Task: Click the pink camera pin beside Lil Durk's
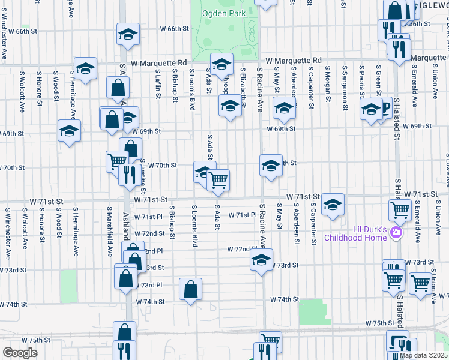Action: (x=396, y=232)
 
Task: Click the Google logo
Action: (x=19, y=352)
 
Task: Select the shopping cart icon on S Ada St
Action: (x=218, y=179)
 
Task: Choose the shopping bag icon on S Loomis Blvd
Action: (x=190, y=289)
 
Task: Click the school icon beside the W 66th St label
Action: (x=128, y=35)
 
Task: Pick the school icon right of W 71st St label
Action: (x=333, y=205)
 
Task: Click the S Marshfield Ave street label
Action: (x=110, y=232)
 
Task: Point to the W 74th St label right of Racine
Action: (x=284, y=299)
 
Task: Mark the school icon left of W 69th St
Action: (x=69, y=131)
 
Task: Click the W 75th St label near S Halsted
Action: (x=378, y=323)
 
